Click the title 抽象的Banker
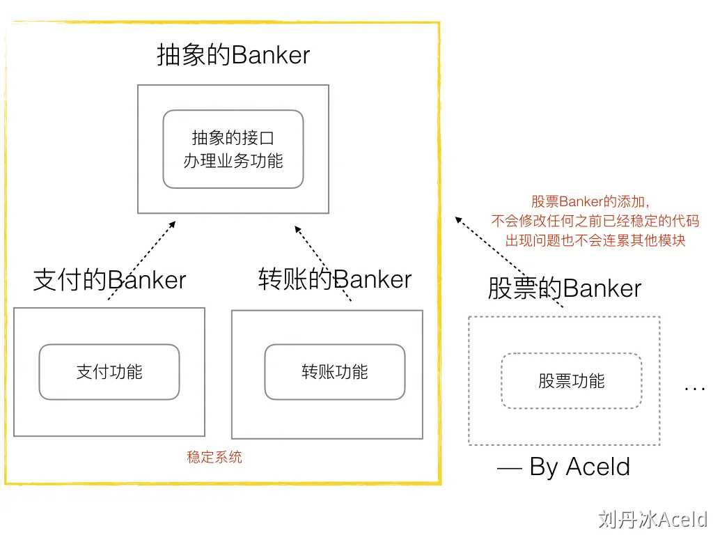tap(233, 55)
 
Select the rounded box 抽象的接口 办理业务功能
tap(233, 149)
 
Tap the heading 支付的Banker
tap(110, 280)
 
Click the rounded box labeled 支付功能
tap(109, 372)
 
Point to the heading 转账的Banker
tap(335, 279)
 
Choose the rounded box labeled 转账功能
tap(335, 372)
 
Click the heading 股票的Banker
tap(564, 288)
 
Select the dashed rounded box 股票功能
tap(571, 381)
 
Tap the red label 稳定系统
tap(214, 458)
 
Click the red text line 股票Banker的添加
tap(590, 202)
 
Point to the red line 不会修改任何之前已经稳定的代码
tap(595, 222)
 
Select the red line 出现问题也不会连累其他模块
tap(595, 241)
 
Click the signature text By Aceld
tap(564, 467)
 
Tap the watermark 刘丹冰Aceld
tap(652, 519)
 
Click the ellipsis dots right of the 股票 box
tap(695, 387)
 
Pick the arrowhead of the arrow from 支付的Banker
tap(173, 223)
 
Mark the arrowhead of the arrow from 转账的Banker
tap(297, 227)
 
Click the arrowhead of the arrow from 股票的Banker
tap(457, 219)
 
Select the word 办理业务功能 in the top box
tap(233, 161)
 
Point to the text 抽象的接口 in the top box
tap(233, 138)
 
